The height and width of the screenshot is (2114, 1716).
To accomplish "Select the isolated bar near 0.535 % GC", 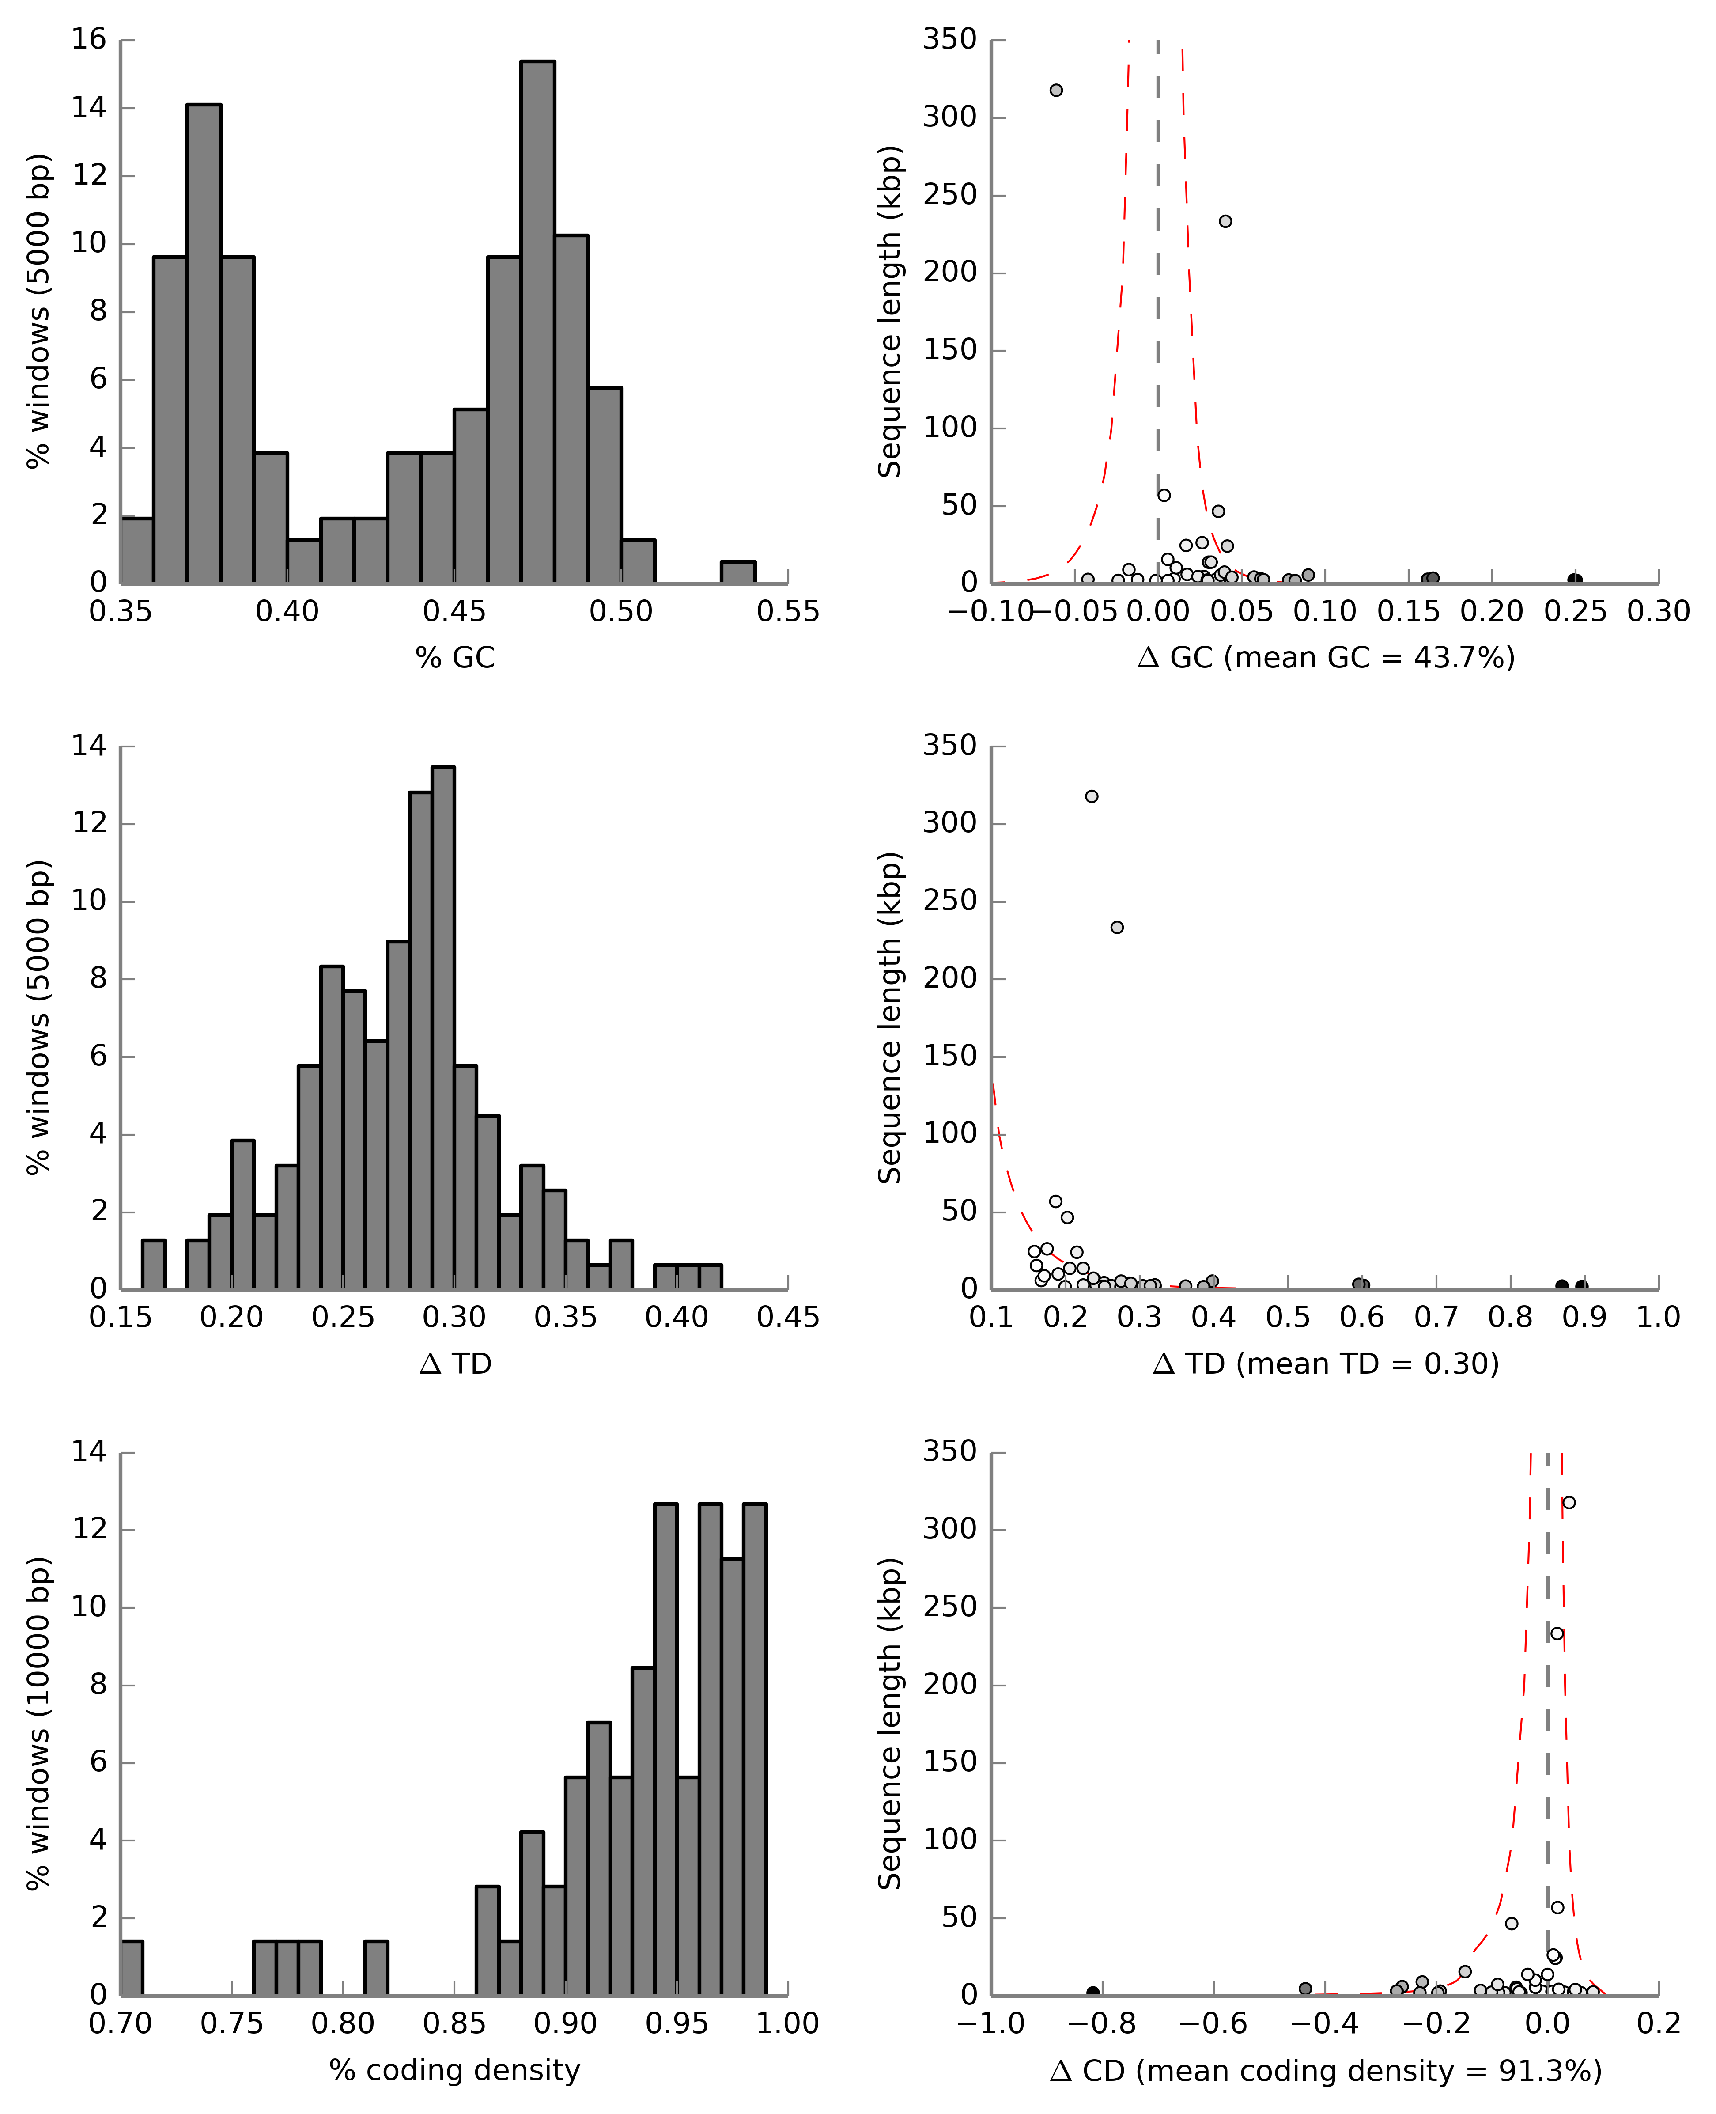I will [x=737, y=572].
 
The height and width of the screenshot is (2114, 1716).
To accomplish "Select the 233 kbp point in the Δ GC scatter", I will [x=1225, y=221].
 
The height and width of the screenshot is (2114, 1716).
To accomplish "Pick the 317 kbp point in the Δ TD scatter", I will [x=1091, y=797].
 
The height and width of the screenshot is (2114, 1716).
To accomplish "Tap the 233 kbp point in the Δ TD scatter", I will [x=1117, y=928].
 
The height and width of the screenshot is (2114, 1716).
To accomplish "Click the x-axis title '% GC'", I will [x=455, y=658].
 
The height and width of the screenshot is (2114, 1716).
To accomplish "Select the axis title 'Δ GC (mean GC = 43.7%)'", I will [x=1326, y=658].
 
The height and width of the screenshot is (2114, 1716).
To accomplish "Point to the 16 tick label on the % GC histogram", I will [x=89, y=40].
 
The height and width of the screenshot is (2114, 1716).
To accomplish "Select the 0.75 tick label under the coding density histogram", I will [x=231, y=2024].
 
